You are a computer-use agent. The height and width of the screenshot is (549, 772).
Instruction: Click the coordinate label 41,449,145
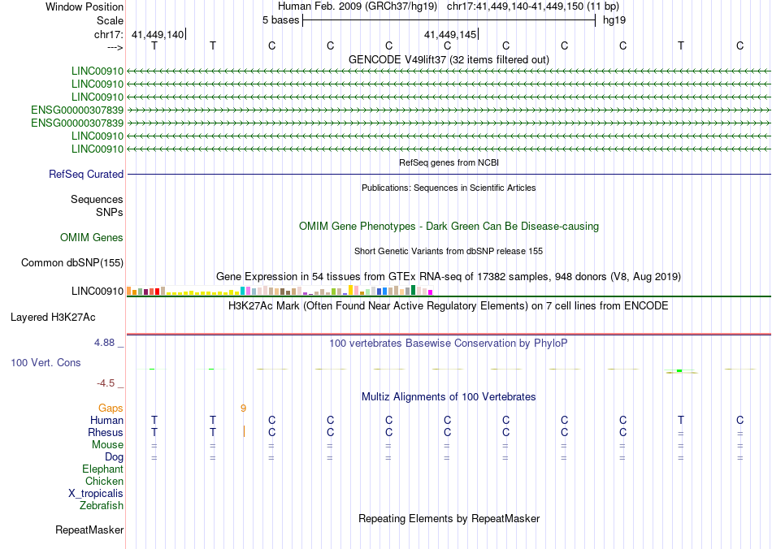(x=449, y=34)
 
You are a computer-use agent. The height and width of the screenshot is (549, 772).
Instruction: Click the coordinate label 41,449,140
(x=157, y=34)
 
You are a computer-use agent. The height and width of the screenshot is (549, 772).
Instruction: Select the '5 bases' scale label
(x=280, y=19)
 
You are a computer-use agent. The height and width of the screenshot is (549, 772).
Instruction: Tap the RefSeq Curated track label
(x=86, y=175)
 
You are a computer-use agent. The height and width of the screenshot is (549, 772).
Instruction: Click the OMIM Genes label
(x=92, y=238)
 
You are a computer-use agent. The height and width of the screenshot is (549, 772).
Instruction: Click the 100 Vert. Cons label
(x=46, y=363)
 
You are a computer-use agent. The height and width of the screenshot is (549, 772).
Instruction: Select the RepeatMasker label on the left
(x=89, y=530)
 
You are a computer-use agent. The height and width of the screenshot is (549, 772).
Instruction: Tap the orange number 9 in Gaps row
(x=243, y=408)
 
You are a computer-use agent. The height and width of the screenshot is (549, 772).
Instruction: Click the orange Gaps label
(x=111, y=408)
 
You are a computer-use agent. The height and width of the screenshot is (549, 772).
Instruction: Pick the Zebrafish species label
(x=102, y=506)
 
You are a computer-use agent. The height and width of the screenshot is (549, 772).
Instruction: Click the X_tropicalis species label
(x=96, y=494)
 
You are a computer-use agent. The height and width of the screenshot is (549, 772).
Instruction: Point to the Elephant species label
(x=102, y=469)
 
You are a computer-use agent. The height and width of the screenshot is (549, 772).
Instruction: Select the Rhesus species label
(x=106, y=433)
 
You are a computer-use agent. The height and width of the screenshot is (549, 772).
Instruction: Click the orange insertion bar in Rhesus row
(x=243, y=432)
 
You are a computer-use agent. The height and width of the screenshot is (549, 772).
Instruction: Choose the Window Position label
(x=85, y=6)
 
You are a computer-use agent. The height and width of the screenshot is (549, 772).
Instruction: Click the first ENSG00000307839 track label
(x=77, y=110)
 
